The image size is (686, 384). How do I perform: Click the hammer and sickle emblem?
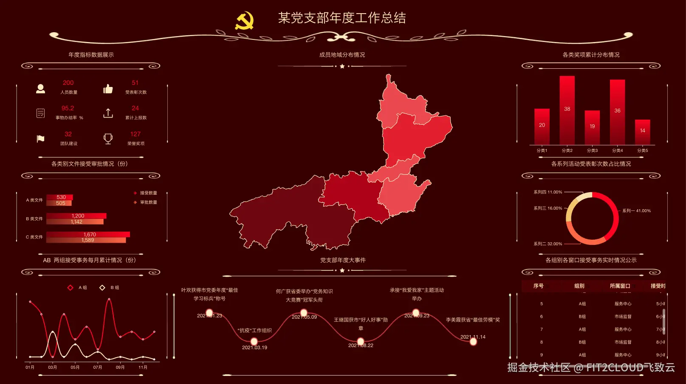(x=244, y=20)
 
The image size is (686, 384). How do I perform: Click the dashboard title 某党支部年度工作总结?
(x=342, y=18)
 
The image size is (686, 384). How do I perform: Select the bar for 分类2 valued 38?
(x=567, y=110)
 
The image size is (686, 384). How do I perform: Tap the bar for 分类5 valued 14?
(x=642, y=132)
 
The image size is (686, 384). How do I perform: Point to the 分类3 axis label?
(x=592, y=151)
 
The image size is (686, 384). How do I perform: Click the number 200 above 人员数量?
(x=68, y=83)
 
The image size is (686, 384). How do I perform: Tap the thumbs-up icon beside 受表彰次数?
(x=108, y=88)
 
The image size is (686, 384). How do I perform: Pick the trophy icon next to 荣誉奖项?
(x=108, y=139)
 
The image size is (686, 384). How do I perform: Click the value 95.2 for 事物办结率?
(x=68, y=108)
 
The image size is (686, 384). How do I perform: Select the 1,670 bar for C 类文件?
(x=88, y=234)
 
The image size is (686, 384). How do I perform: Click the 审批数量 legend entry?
(x=148, y=202)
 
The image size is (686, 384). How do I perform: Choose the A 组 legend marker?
(x=71, y=288)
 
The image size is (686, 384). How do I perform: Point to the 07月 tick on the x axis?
(x=98, y=367)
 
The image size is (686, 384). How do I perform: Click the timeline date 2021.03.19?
(x=254, y=348)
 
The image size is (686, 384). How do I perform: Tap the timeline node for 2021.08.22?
(x=361, y=341)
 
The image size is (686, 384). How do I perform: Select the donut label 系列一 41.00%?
(x=636, y=211)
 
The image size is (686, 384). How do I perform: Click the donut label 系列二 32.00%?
(x=548, y=244)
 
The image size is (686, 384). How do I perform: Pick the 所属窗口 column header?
(x=620, y=286)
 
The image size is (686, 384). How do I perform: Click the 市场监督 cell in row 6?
(x=623, y=317)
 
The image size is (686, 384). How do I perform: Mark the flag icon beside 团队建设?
(x=41, y=139)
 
